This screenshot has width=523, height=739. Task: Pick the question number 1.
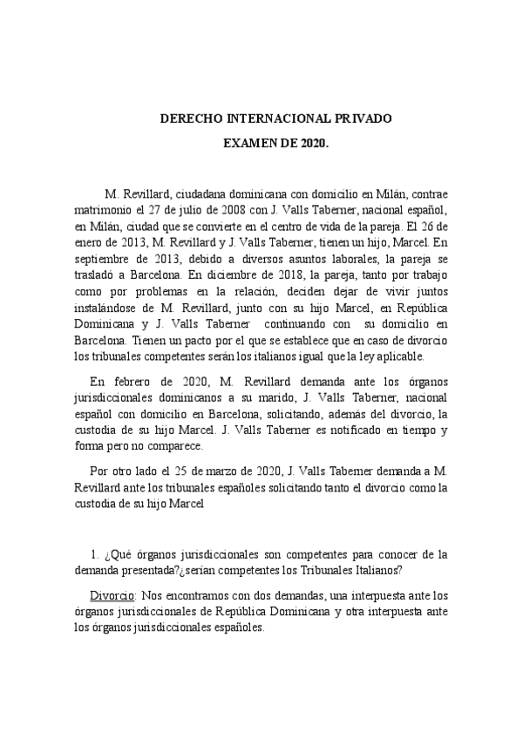pos(94,553)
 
